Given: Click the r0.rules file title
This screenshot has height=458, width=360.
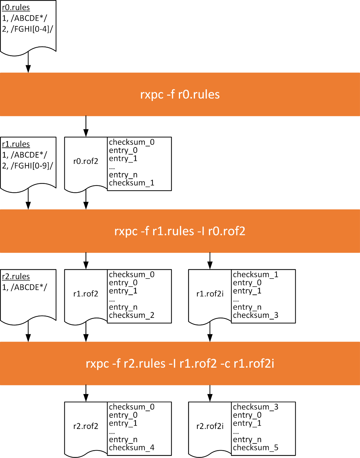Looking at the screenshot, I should (16, 7).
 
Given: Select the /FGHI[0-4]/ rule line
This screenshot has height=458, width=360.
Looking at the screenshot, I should (27, 29).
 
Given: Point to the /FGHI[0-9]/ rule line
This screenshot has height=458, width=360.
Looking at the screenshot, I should (27, 166).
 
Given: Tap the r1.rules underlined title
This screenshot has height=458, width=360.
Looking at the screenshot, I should (16, 144).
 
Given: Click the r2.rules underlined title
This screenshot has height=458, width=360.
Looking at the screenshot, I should (16, 276).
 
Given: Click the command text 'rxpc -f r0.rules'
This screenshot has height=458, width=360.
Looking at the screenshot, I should (180, 94).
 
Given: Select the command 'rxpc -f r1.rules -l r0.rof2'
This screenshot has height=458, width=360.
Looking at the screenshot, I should (180, 231).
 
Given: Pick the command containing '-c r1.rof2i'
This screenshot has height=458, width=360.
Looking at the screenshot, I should (180, 363).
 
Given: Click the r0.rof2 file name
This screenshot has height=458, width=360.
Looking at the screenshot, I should (86, 161).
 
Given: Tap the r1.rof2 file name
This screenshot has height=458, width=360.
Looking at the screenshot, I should (86, 294).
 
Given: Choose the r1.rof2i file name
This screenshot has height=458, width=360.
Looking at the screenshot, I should (210, 294).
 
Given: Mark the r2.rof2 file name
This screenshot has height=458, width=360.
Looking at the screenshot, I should (86, 426).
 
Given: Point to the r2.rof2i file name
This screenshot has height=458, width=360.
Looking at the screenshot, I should (210, 426).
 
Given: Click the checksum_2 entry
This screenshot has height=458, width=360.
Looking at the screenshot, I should (132, 315).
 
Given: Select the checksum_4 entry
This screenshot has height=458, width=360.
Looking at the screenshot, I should (132, 447).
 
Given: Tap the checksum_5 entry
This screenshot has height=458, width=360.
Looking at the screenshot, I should (256, 447).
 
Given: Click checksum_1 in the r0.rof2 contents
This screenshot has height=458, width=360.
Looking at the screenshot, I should (132, 183).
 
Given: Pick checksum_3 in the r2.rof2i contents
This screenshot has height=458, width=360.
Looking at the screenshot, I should (256, 407).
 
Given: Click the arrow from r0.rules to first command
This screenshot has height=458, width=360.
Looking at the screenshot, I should (28, 63).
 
